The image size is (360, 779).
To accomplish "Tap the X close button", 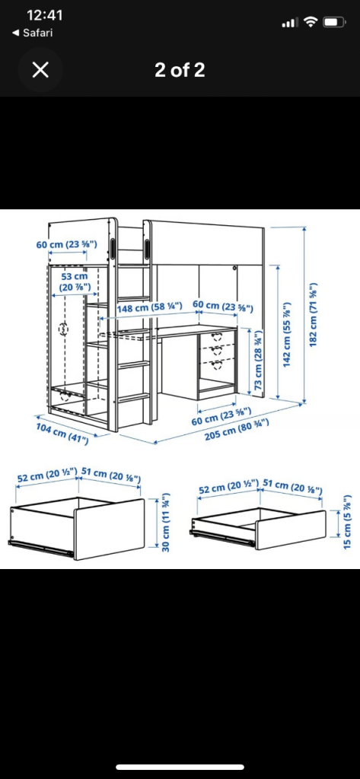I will [x=40, y=70].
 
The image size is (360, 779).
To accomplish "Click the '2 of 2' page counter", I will [x=180, y=70].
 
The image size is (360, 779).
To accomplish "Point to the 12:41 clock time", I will [x=44, y=15].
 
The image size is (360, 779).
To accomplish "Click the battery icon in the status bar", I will [x=335, y=22].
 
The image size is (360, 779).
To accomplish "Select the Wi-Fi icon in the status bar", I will [x=310, y=22].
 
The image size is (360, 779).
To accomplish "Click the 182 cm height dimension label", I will [x=313, y=315].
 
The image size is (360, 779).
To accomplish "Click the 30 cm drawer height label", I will [x=165, y=524].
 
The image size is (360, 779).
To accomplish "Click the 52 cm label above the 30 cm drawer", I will [x=46, y=477].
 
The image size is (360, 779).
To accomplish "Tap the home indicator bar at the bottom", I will [x=180, y=768].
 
